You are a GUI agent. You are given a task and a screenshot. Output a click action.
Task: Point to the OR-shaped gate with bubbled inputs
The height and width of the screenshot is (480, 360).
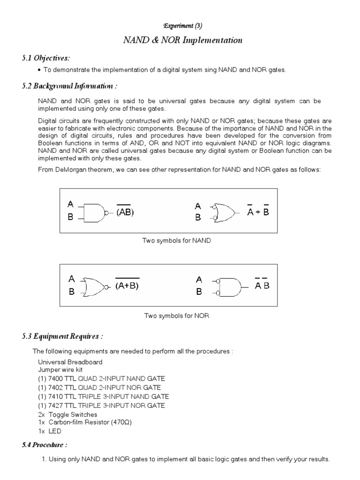pyautogui.click(x=224, y=212)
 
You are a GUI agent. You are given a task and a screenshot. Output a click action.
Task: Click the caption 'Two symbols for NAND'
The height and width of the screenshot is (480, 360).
pyautogui.click(x=177, y=240)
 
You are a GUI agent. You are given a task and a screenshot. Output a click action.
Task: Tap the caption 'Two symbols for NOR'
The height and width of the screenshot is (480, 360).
pyautogui.click(x=176, y=316)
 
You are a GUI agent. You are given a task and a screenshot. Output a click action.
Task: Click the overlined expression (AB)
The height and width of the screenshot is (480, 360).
pyautogui.click(x=125, y=212)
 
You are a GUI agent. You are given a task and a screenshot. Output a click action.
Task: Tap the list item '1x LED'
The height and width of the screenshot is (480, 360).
pyautogui.click(x=50, y=431)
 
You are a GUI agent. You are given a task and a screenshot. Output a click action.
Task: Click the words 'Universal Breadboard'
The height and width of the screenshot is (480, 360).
pyautogui.click(x=70, y=362)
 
